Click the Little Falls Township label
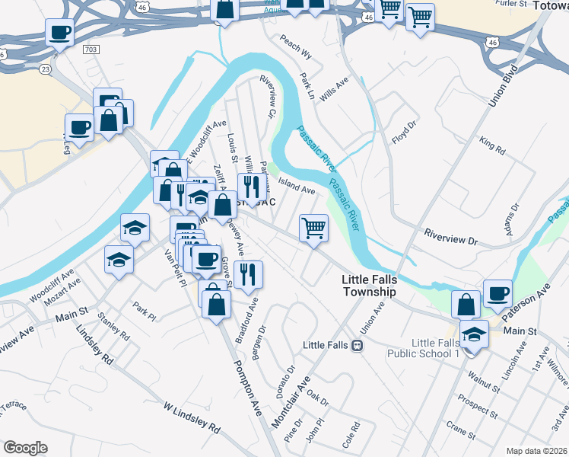tap(369, 286)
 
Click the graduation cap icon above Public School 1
tap(474, 334)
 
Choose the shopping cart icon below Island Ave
tap(313, 228)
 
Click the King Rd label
tap(493, 145)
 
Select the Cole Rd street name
tap(350, 440)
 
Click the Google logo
tap(25, 448)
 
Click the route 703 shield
tap(91, 49)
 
